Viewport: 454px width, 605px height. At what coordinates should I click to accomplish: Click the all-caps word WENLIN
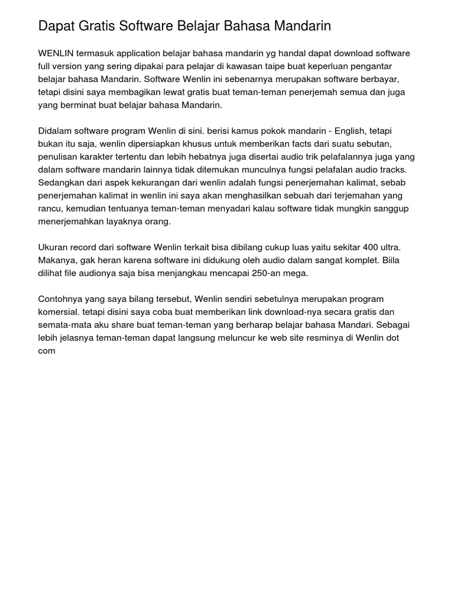coord(56,53)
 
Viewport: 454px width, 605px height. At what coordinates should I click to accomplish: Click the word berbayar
coord(386,79)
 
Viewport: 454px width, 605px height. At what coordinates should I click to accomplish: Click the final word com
coord(47,351)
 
